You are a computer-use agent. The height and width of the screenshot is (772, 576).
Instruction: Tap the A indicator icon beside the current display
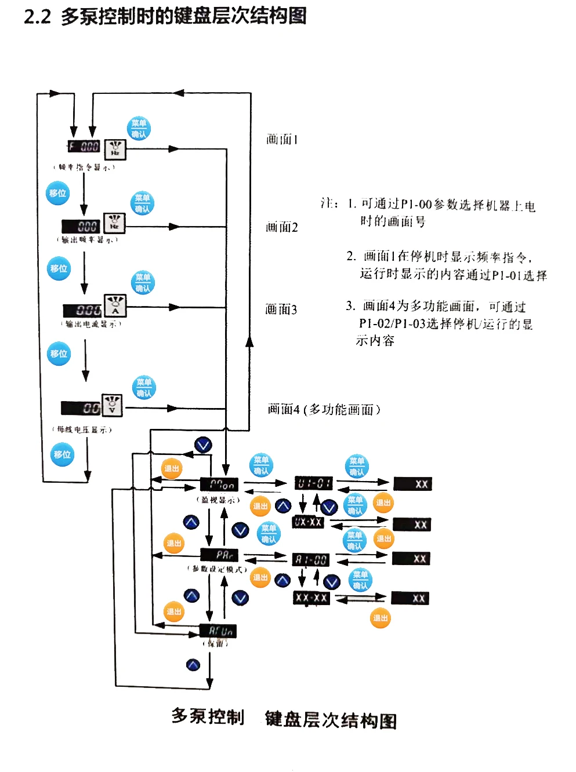115,306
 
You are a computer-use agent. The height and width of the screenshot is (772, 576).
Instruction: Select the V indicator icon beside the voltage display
112,405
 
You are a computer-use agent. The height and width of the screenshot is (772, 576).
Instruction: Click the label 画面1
282,140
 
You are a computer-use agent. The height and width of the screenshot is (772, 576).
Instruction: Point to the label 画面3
281,309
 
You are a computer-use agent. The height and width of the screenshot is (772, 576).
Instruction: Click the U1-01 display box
313,483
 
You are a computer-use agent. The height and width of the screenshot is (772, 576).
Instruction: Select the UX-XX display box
308,522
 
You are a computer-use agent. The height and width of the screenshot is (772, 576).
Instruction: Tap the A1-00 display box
310,560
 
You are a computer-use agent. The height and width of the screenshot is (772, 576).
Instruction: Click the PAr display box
219,555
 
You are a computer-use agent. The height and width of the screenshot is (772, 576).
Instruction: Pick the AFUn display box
218,631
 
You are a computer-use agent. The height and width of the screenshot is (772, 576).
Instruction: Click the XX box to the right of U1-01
413,484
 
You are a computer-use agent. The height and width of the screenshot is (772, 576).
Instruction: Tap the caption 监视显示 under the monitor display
218,500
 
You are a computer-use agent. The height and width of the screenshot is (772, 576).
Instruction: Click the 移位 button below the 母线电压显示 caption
62,454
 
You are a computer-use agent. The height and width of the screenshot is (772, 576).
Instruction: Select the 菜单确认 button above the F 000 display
139,128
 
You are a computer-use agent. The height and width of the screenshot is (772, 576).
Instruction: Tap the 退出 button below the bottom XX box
381,618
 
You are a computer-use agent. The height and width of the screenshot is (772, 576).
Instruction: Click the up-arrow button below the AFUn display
193,665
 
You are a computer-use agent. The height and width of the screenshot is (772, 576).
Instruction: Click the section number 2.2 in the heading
37,16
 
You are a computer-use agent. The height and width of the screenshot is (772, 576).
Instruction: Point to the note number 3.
350,306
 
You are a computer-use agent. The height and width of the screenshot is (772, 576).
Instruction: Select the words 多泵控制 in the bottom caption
208,717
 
